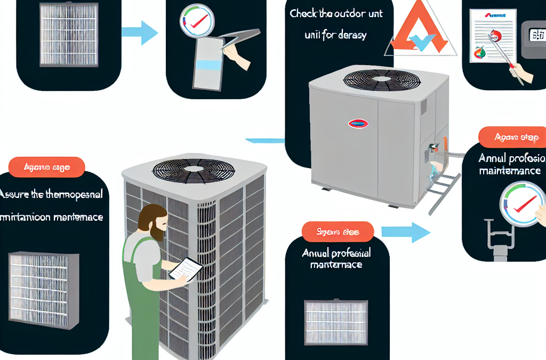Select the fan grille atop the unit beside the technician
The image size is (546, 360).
coord(193,170)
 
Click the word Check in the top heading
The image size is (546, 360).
coord(304,14)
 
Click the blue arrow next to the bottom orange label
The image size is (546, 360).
coord(405,232)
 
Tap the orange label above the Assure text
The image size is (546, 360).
coord(47,167)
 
